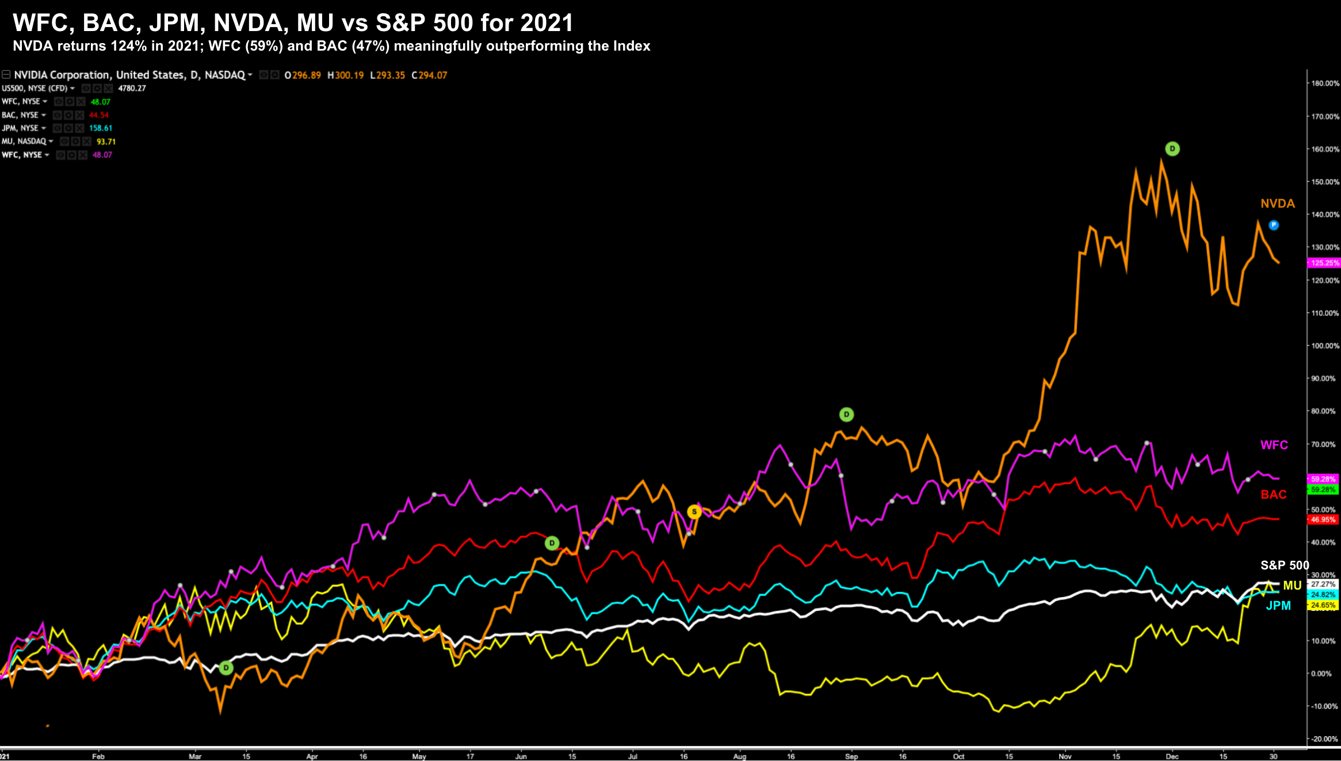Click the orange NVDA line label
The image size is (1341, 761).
point(1277,204)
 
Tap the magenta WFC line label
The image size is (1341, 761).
point(1274,445)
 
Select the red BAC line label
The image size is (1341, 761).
point(1273,495)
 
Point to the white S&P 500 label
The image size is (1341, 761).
point(1284,565)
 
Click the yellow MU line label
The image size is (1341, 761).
point(1292,586)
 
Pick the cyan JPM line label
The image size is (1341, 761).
point(1278,606)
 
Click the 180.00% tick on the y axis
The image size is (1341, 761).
point(1325,83)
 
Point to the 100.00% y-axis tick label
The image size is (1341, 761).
point(1325,346)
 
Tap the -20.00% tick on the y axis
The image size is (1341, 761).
point(1325,739)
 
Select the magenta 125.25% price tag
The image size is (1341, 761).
point(1324,263)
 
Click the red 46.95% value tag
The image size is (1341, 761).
point(1323,519)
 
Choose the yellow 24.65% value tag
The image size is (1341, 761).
point(1323,605)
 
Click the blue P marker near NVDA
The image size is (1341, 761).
point(1274,225)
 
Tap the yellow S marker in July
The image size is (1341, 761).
point(694,512)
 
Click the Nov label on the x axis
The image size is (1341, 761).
point(1065,756)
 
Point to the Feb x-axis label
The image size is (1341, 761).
point(98,756)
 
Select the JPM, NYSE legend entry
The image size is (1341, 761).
point(21,128)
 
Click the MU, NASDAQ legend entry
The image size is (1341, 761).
point(24,142)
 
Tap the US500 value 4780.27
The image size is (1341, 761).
point(132,89)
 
